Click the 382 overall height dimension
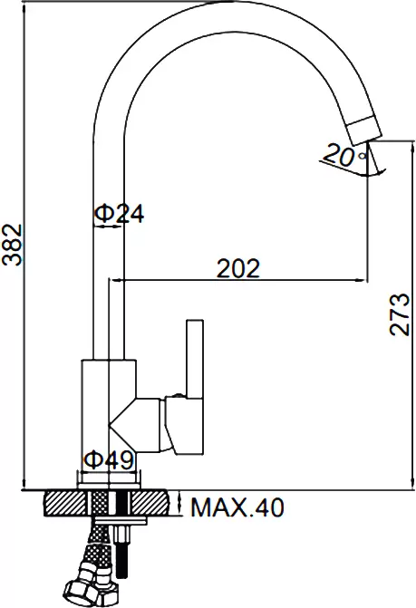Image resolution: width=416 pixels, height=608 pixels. pos(12,246)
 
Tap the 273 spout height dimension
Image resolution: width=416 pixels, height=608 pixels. pos(400,314)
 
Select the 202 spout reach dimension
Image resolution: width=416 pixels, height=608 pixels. pos(238,268)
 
